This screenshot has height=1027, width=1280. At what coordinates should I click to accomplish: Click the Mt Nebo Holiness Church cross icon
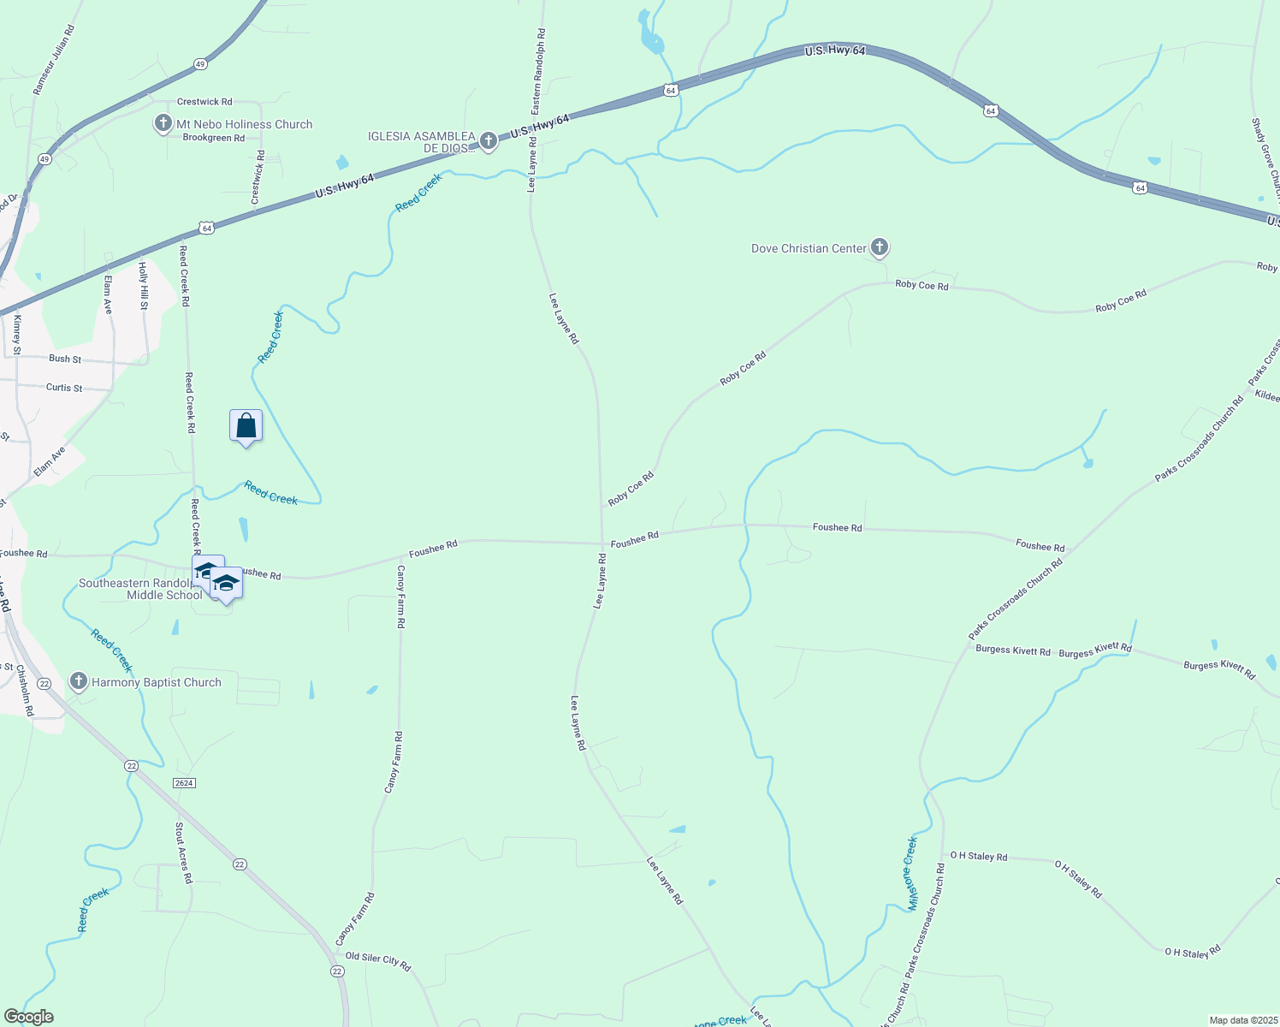[163, 124]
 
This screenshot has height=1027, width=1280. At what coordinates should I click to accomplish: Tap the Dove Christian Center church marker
[879, 248]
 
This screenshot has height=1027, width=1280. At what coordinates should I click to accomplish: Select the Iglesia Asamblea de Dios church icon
[488, 141]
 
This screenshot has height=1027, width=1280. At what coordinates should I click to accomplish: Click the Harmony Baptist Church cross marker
[79, 682]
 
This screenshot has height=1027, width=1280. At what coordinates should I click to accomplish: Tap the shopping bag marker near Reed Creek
[246, 425]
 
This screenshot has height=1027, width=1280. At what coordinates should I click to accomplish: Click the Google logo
[28, 1017]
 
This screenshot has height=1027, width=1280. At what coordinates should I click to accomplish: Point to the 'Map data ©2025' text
[1242, 1020]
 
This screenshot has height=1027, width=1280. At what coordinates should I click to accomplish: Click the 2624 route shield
[184, 783]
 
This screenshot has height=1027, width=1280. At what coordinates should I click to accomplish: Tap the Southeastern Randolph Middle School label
[141, 589]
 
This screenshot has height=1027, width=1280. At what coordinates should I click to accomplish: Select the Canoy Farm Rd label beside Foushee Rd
[400, 597]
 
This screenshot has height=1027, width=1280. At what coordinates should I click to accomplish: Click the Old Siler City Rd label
[378, 961]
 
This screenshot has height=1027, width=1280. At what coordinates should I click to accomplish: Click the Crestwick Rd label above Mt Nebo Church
[204, 102]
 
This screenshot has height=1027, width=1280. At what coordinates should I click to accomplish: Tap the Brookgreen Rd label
[214, 138]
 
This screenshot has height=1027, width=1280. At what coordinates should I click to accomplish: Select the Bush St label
[65, 359]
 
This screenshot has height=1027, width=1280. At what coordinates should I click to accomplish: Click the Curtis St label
[64, 388]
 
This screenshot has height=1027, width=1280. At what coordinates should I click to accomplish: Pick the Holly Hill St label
[144, 286]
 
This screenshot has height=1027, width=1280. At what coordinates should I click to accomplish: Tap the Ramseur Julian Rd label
[54, 60]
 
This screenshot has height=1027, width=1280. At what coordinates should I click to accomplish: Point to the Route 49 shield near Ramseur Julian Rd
[199, 64]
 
